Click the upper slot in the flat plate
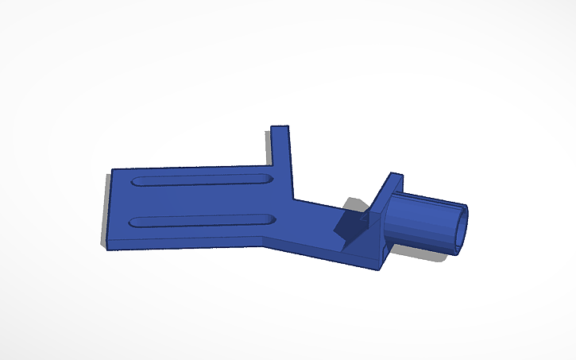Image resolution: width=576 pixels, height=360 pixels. [x=203, y=180]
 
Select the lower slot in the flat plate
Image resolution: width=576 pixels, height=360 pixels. [x=203, y=219]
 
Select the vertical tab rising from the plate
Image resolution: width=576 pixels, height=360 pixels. [x=280, y=159]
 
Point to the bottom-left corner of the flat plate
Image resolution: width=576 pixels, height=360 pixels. [x=109, y=246]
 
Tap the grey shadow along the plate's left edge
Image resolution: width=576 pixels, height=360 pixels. [x=104, y=215]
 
